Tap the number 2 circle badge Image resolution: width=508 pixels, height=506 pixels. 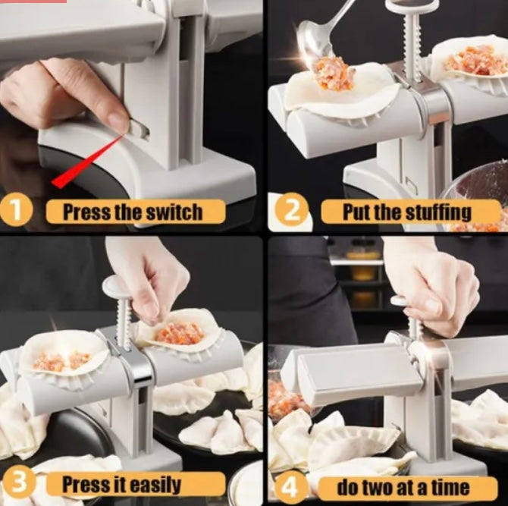(x=291, y=210)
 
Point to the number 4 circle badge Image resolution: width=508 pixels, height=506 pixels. (x=287, y=486)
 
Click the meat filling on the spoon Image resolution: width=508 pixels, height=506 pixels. (x=334, y=74)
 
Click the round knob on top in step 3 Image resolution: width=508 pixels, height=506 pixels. (x=117, y=286)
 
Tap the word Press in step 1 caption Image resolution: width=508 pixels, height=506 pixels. (x=86, y=212)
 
